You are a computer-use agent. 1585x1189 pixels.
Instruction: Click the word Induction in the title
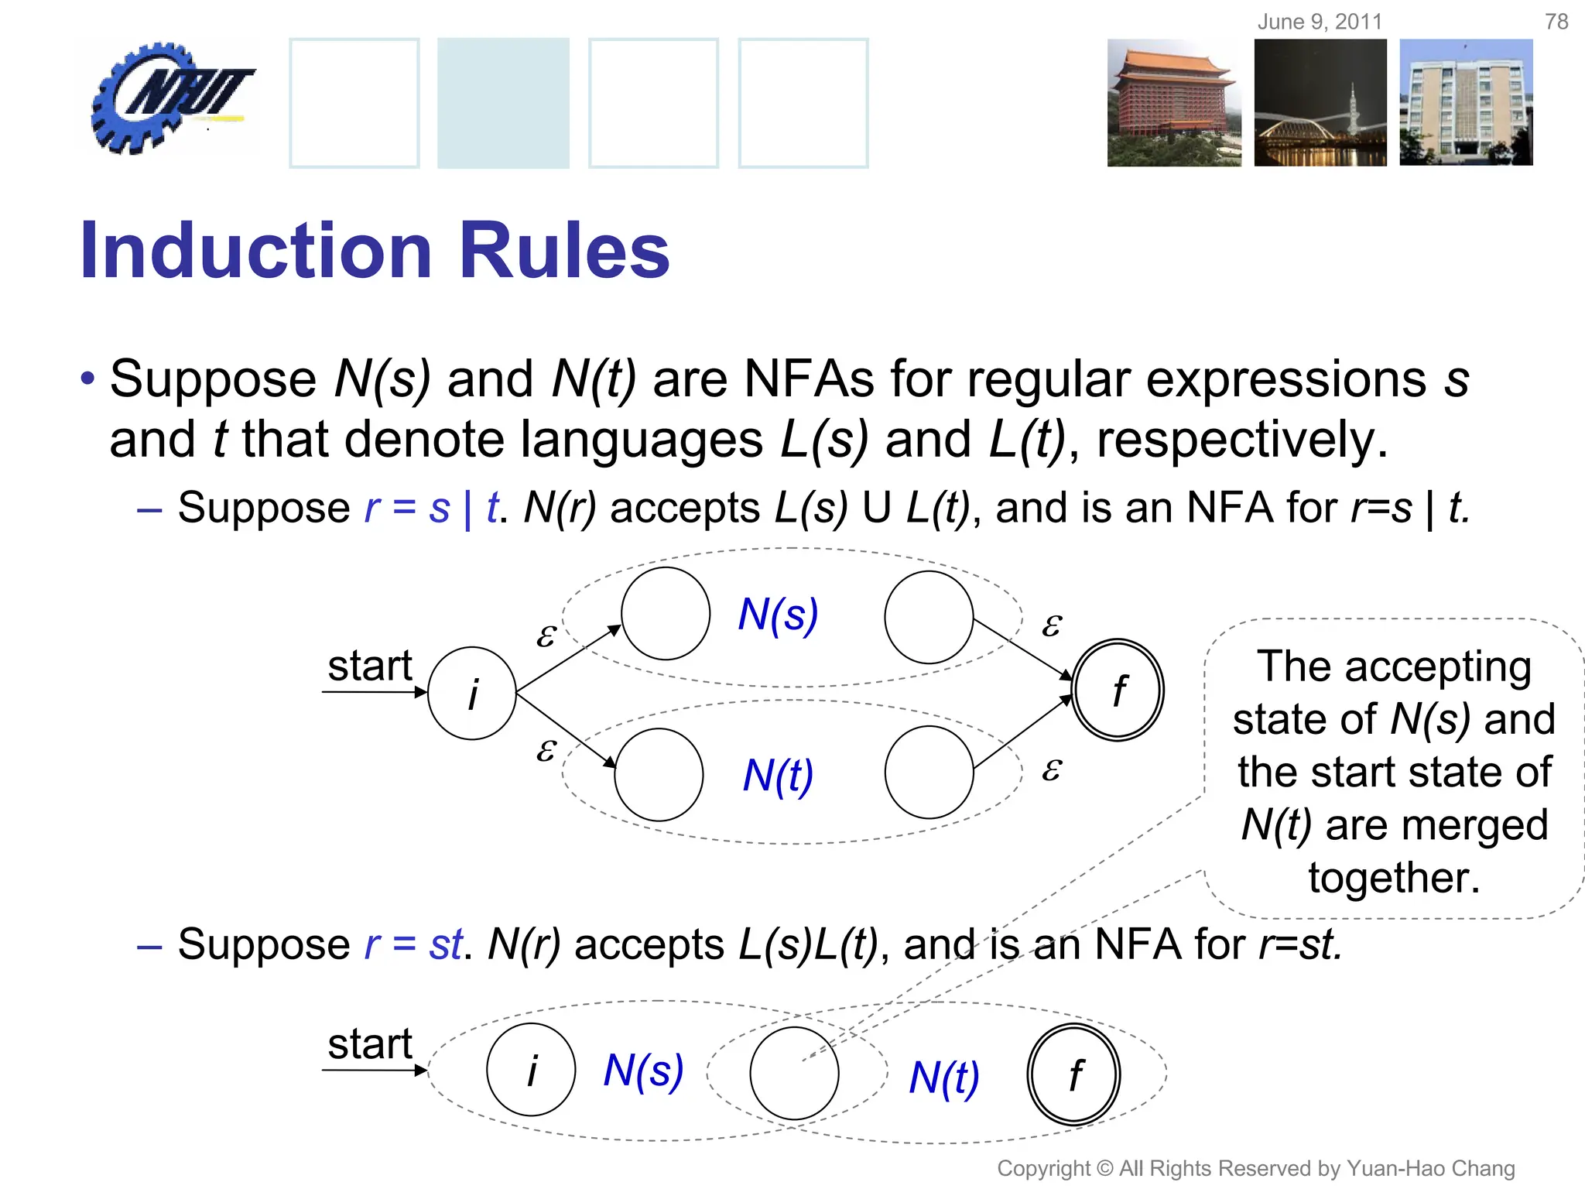[255, 251]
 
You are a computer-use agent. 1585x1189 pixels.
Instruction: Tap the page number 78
[1556, 22]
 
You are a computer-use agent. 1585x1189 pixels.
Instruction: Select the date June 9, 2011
[1320, 22]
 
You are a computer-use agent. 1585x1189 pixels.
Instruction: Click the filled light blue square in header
[503, 103]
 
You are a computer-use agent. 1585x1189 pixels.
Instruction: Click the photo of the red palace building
[1173, 103]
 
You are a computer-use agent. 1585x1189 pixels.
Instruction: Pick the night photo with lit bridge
[1320, 103]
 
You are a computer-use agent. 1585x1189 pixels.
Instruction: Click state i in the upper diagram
[472, 693]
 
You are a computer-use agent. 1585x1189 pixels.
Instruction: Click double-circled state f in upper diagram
[1118, 690]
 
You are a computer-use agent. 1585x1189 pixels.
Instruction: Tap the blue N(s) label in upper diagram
[778, 615]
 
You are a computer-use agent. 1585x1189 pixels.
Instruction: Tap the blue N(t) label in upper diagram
[778, 775]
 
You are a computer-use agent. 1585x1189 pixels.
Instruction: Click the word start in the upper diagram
[369, 666]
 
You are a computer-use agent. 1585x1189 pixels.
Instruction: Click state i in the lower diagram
[531, 1071]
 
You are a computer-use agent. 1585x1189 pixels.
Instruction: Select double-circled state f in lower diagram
[1073, 1074]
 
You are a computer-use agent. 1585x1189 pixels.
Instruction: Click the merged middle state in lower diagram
[794, 1074]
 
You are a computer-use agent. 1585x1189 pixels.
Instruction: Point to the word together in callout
[1394, 878]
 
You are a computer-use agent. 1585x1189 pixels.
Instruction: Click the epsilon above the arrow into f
[1051, 625]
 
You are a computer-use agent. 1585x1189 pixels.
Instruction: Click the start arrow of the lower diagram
[375, 1071]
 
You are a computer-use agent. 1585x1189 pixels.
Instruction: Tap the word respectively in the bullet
[1241, 440]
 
